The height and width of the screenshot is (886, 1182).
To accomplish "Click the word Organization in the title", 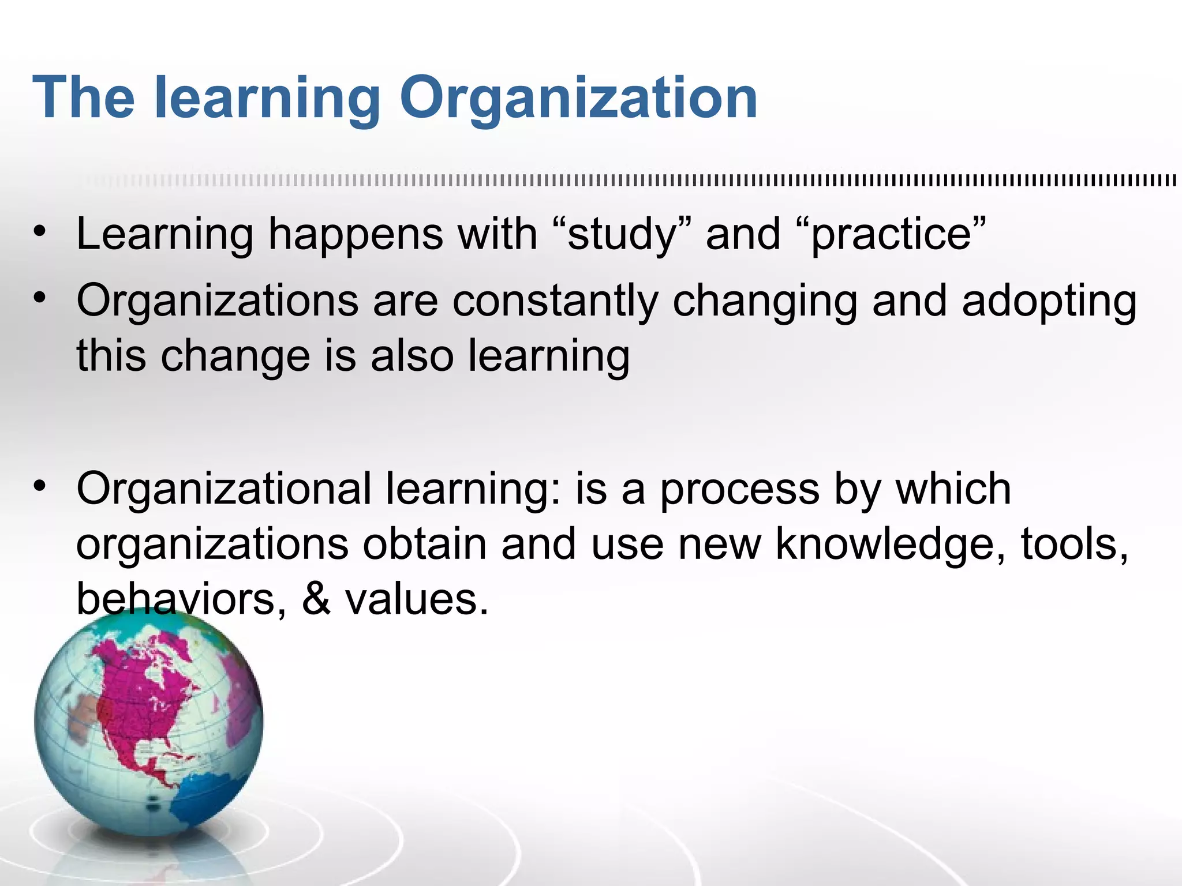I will click(578, 99).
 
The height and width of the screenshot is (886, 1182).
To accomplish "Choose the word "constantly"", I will click(555, 302).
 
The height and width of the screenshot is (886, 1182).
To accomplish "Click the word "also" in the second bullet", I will click(412, 356).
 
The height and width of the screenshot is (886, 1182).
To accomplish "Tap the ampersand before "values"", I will click(316, 599).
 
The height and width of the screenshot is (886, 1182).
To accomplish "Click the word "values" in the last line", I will click(417, 599).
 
